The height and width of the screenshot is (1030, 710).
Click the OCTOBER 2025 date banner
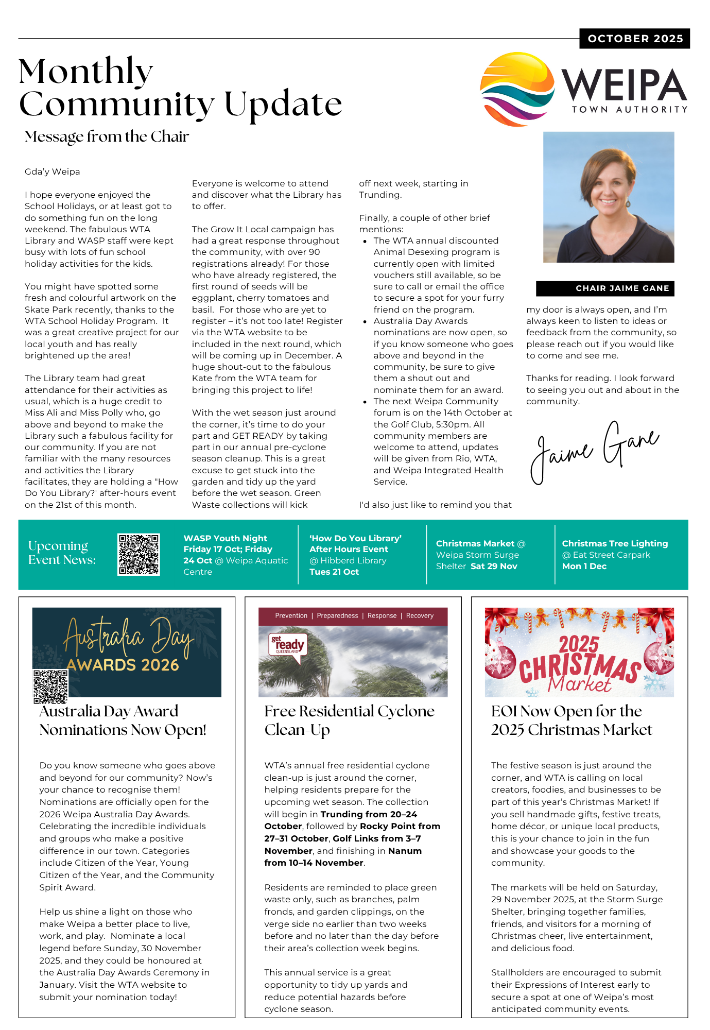point(635,39)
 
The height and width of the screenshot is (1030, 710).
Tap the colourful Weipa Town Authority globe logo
point(517,89)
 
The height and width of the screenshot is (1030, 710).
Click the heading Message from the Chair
point(107,136)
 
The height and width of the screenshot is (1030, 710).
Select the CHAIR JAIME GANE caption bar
point(605,288)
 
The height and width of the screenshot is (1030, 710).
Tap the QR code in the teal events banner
point(138,554)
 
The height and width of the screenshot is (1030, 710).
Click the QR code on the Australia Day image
point(50,686)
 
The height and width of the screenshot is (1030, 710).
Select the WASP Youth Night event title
point(225,538)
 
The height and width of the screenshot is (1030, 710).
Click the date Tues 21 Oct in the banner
point(334,572)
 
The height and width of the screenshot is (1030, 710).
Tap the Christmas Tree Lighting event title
point(615,543)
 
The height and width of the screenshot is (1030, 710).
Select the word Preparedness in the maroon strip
point(337,615)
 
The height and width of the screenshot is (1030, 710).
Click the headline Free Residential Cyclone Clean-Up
point(349,720)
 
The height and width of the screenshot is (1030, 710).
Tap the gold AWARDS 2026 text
point(123,665)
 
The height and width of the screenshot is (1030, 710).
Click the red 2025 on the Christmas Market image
point(579,644)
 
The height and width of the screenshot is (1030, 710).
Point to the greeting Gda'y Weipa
point(53,171)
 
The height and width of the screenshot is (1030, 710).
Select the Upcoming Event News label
point(62,553)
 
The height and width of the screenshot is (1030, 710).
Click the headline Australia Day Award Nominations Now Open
point(123,720)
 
